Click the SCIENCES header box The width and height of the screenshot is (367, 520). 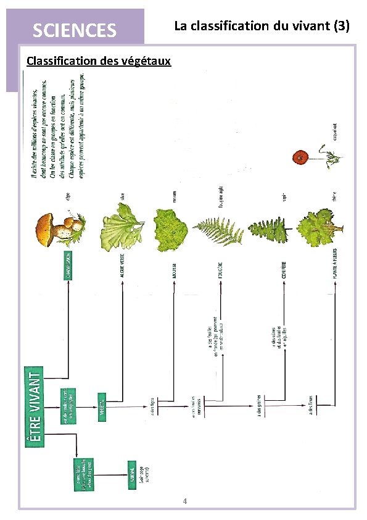pyautogui.click(x=74, y=29)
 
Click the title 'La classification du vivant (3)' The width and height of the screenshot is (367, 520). pyautogui.click(x=262, y=26)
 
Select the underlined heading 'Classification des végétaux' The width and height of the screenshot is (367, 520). pyautogui.click(x=99, y=61)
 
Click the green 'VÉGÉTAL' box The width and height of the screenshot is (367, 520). pyautogui.click(x=102, y=407)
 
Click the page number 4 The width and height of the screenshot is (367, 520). pyautogui.click(x=184, y=501)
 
